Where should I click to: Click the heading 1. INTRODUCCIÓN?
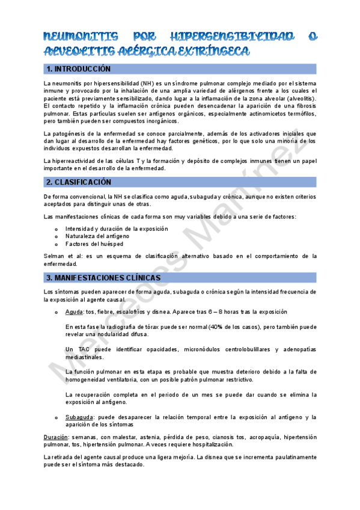(79, 69)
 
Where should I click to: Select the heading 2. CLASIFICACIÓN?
(78, 182)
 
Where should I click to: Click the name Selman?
(55, 256)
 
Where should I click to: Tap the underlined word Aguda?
(74, 312)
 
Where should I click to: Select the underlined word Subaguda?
(79, 417)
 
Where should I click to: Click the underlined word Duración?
(56, 437)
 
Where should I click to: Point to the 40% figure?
(216, 327)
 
